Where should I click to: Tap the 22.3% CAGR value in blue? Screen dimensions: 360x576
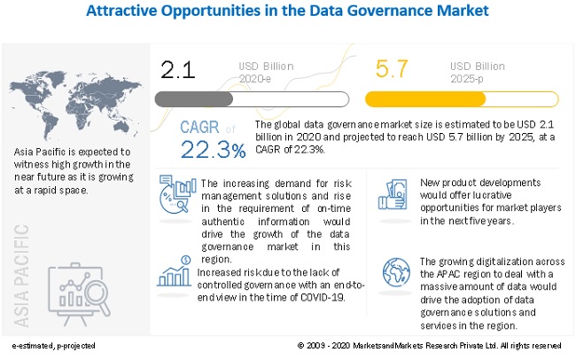click(213, 151)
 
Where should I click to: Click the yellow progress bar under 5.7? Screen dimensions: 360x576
click(462, 98)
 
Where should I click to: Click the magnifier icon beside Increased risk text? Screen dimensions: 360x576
click(174, 271)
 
